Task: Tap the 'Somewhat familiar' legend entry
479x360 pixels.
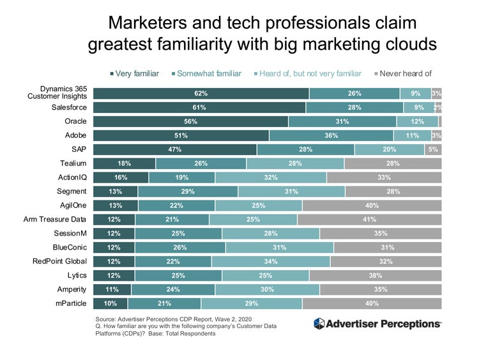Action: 210,73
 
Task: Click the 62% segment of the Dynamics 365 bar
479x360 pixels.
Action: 201,93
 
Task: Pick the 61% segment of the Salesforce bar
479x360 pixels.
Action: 199,107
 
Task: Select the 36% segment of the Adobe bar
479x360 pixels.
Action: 331,135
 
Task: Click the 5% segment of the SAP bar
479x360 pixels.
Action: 432,149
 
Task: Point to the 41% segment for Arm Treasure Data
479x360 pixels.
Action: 369,220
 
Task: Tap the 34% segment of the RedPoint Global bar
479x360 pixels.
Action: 271,262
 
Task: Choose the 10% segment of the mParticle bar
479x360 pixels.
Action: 110,304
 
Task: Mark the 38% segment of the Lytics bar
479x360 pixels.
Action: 375,276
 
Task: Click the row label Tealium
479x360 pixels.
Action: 73,163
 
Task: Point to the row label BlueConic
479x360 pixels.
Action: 70,248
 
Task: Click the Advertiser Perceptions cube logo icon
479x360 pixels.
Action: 319,324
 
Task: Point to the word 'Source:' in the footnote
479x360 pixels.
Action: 106,317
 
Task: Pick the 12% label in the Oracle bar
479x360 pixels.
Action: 417,121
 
